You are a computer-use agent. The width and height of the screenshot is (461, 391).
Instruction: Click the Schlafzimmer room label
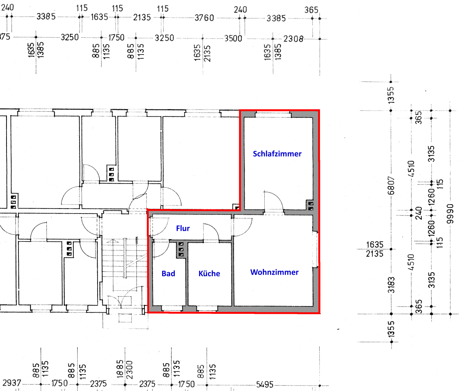point(277,154)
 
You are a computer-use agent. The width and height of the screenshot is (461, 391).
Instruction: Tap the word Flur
point(183,229)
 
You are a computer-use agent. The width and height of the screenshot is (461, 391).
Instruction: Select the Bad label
point(168,274)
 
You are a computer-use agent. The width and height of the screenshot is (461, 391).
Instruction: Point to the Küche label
point(209,273)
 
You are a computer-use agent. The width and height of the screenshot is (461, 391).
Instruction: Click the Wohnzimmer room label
point(274,272)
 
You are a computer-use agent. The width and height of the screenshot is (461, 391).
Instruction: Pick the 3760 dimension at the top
point(204,18)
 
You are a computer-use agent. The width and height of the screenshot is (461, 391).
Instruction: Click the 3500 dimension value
point(233,38)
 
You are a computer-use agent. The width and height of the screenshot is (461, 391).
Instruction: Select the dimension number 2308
point(293,39)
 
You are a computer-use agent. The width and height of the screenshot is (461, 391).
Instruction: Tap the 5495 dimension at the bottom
point(265,384)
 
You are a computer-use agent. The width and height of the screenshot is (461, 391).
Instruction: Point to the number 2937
point(12,383)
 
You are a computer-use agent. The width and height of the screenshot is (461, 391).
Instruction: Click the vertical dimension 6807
point(391,186)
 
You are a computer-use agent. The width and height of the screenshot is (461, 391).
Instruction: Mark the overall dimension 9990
point(450,214)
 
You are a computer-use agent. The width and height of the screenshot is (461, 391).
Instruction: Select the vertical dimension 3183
point(391,285)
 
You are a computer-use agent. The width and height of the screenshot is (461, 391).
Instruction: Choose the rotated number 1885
point(120,369)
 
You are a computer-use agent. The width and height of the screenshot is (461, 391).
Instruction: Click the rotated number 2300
point(129,370)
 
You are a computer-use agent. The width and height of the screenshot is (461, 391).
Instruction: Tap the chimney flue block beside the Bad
point(181,250)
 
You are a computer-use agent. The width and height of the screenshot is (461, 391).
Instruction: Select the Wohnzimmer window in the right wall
point(315,250)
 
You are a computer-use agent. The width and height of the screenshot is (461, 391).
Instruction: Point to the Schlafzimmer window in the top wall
point(273,114)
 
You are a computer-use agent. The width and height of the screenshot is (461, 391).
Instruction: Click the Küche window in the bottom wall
point(207,308)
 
